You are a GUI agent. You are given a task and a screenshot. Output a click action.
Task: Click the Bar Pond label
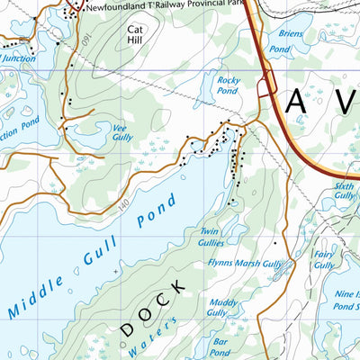[220, 346]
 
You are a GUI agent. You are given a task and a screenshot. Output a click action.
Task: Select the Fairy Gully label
[324, 260]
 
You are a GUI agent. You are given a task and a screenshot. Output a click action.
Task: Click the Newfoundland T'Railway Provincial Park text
[162, 6]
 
